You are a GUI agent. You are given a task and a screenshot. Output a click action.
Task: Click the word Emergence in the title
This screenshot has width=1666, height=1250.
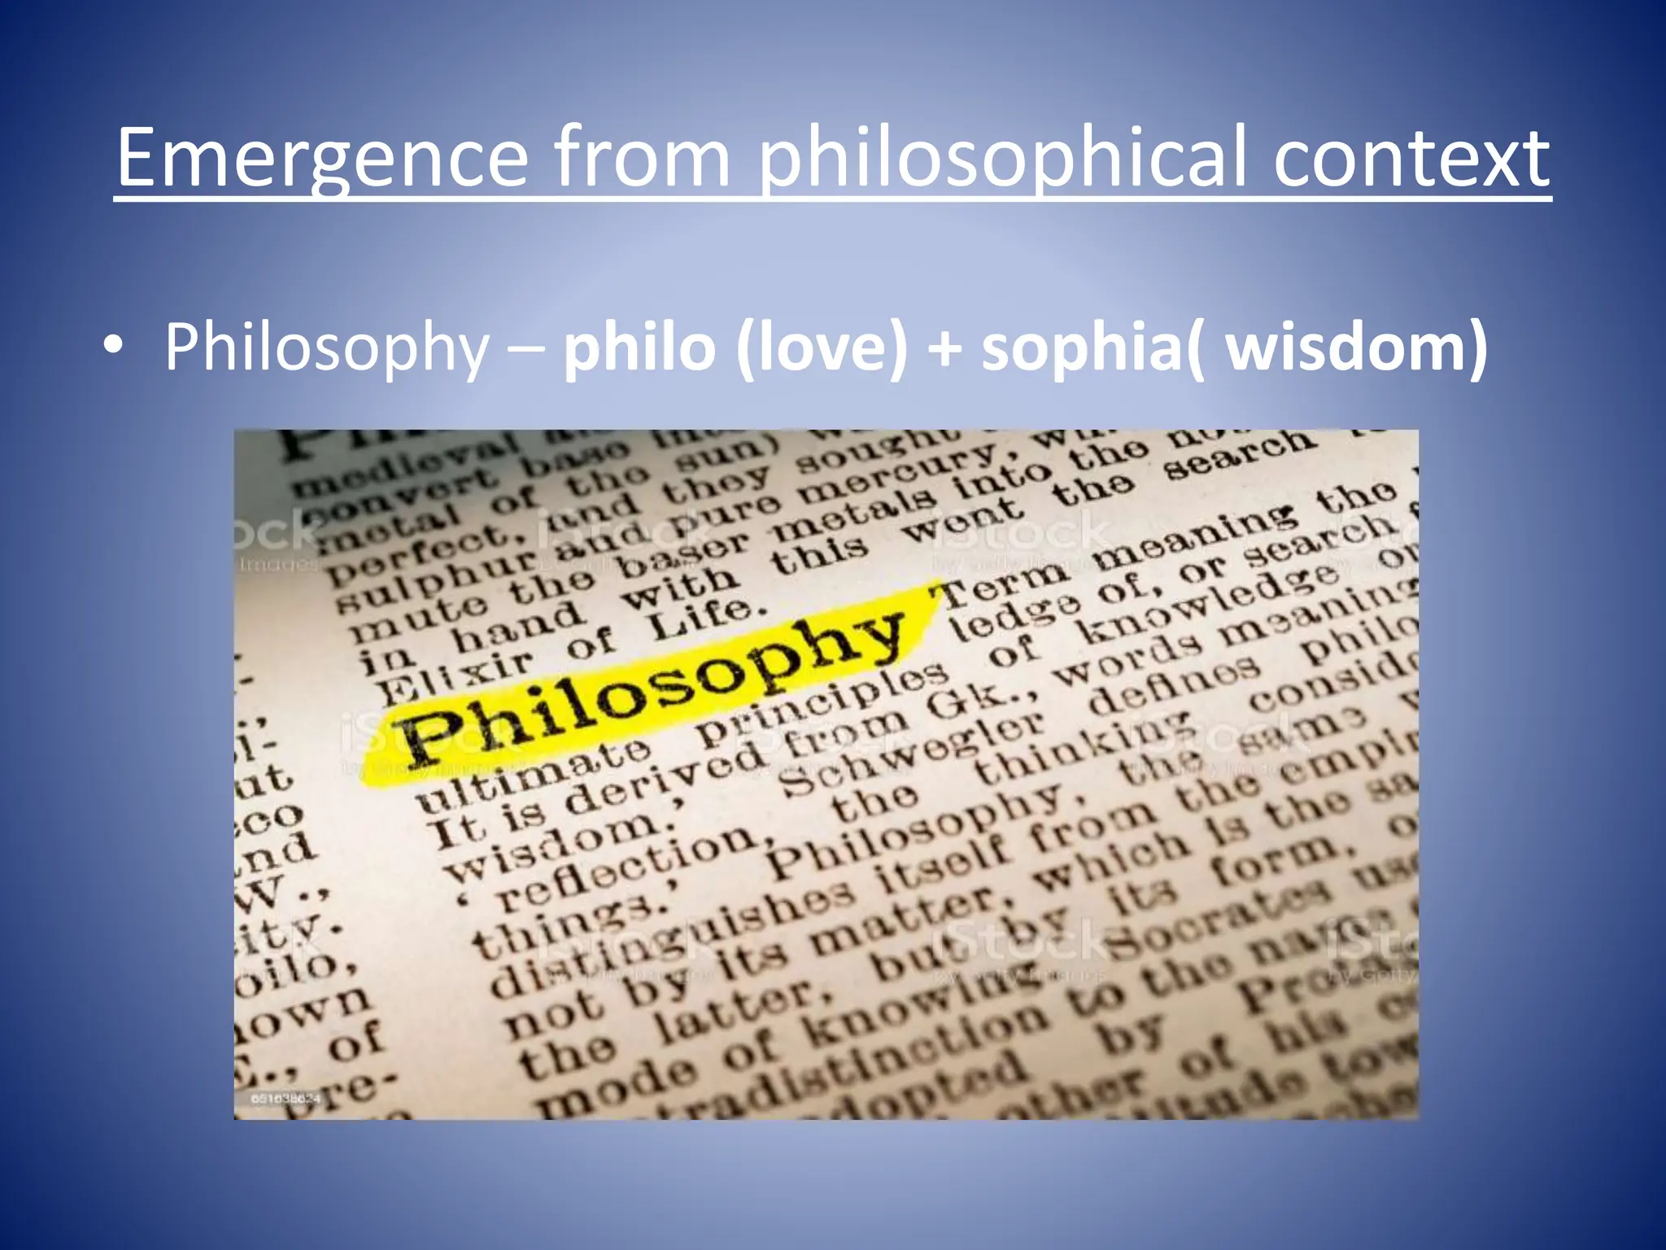pyautogui.click(x=322, y=158)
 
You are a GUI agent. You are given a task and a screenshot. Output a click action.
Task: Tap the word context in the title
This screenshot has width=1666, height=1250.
pyautogui.click(x=1411, y=158)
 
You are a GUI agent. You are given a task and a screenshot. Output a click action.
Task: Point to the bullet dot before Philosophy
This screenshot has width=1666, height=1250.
pyautogui.click(x=114, y=347)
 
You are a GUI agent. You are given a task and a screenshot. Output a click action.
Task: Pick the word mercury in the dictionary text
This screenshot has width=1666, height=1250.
pyautogui.click(x=895, y=472)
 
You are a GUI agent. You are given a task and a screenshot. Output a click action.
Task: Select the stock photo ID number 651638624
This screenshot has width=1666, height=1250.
pyautogui.click(x=286, y=1099)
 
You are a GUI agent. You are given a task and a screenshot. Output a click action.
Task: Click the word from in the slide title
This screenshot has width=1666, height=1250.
pyautogui.click(x=643, y=158)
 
